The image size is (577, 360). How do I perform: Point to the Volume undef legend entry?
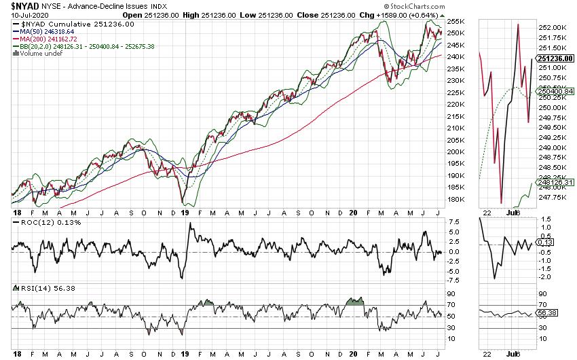point(35,53)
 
